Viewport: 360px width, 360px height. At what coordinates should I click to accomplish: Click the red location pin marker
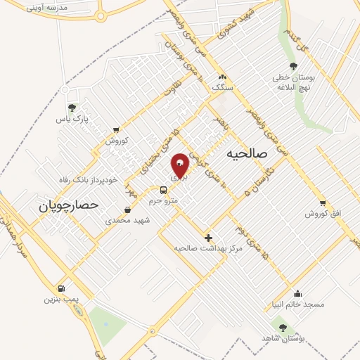(180, 165)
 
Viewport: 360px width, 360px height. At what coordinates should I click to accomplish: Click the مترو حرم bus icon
(163, 189)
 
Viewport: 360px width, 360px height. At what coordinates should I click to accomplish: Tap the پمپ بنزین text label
(60, 300)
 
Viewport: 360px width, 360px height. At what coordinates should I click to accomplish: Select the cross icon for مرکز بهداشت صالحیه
(208, 238)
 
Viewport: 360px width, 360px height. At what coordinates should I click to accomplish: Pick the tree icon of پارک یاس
(71, 108)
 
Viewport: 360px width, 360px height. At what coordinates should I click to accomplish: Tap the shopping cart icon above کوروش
(115, 129)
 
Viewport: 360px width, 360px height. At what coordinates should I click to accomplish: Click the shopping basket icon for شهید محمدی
(127, 210)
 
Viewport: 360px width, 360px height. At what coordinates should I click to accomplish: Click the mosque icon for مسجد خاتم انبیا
(298, 294)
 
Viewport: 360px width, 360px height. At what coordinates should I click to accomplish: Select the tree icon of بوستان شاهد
(283, 328)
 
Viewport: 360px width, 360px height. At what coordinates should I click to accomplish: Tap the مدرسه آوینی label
(48, 7)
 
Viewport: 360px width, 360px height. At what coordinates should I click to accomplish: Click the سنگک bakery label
(221, 87)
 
